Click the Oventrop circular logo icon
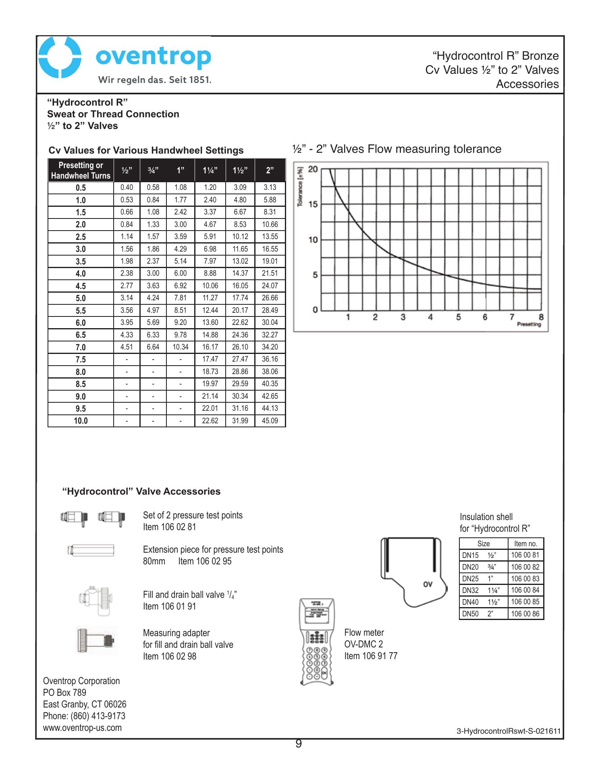(x=60, y=58)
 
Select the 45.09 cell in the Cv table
(x=270, y=421)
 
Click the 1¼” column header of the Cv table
(x=210, y=171)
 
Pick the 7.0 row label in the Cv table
(x=81, y=347)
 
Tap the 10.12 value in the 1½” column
(x=240, y=237)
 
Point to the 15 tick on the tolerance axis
(x=313, y=204)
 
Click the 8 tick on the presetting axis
(x=541, y=317)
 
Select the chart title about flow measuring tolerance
(x=397, y=149)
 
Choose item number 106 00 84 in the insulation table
(x=525, y=590)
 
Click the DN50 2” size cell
(x=483, y=614)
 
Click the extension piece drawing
(x=91, y=550)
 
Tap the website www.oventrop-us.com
(x=82, y=728)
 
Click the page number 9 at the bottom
(x=299, y=744)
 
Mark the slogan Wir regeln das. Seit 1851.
(x=155, y=79)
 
